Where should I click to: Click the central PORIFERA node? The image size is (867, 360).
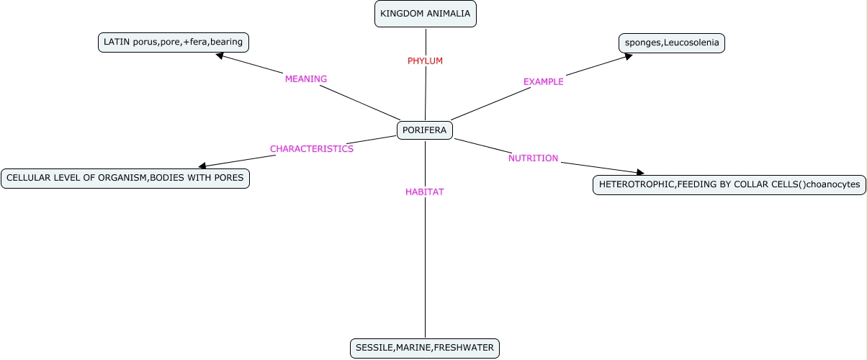pos(425,130)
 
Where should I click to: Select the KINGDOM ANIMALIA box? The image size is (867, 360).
pos(426,14)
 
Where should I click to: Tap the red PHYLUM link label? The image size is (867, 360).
pos(425,61)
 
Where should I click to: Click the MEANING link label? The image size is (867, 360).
pos(306,79)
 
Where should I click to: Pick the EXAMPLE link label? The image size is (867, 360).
pos(544,82)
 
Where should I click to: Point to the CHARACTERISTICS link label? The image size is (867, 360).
pos(312,149)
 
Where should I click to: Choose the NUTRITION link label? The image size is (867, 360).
pos(534,158)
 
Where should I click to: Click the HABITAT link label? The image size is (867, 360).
pos(425,192)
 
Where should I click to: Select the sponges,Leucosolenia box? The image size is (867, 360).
pos(672,43)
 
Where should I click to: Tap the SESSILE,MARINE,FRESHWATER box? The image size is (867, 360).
pos(425,348)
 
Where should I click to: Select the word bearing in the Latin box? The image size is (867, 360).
pos(227,42)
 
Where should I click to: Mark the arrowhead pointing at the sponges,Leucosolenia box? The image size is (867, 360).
pos(628,55)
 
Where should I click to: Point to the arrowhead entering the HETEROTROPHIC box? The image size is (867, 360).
pos(639,173)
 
